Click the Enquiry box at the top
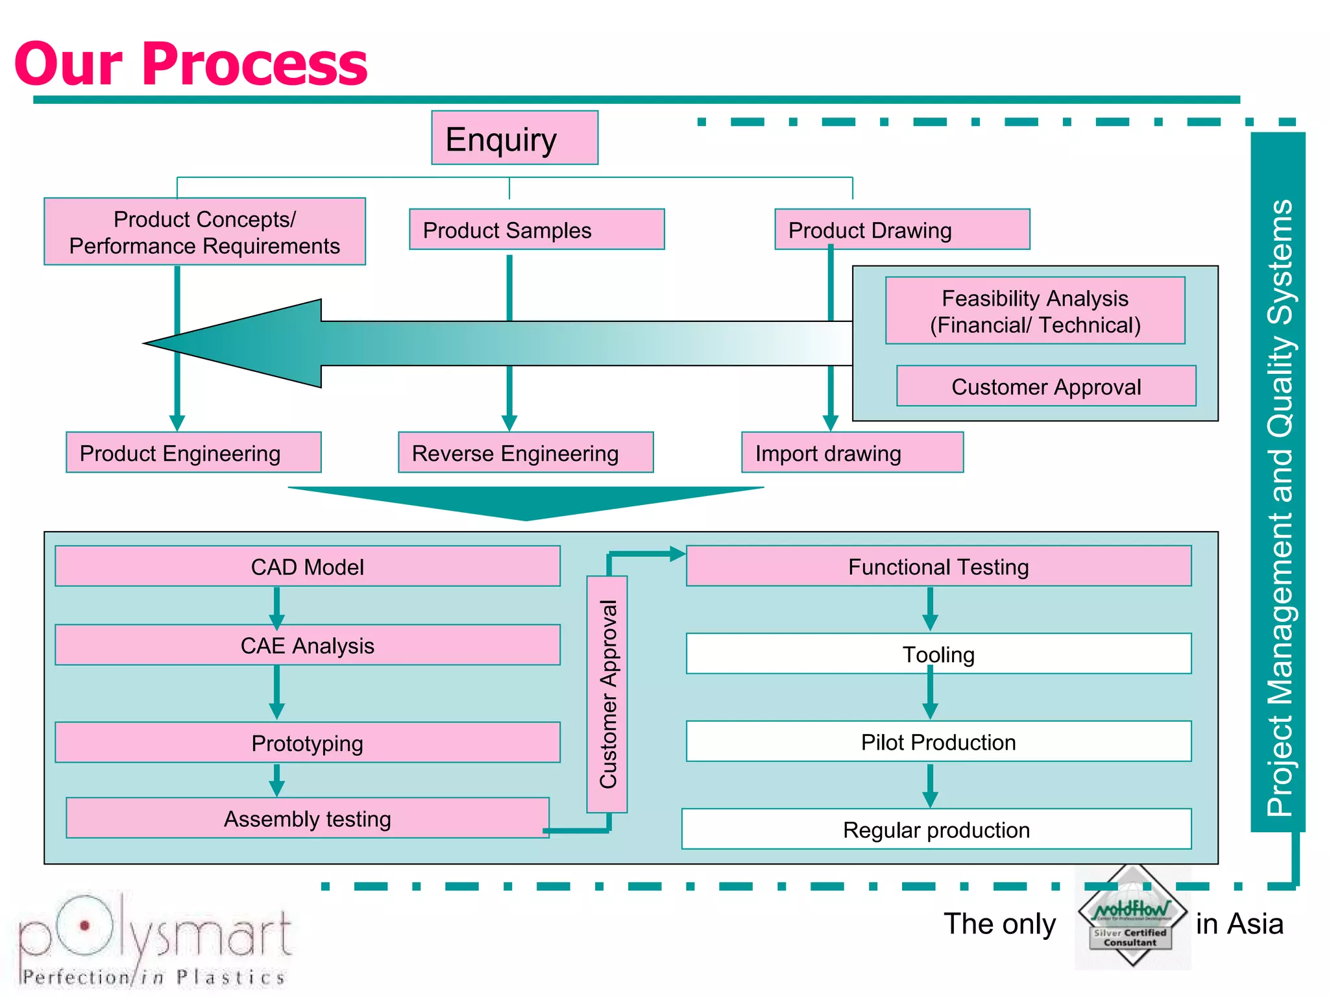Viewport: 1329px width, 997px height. pyautogui.click(x=515, y=138)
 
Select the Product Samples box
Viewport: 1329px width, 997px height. pyautogui.click(x=536, y=229)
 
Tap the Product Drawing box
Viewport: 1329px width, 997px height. pyautogui.click(x=902, y=229)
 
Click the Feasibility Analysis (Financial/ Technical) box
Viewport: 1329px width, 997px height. pyautogui.click(x=1035, y=311)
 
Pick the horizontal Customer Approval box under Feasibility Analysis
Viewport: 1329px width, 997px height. pyautogui.click(x=1045, y=386)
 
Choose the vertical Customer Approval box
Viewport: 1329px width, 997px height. pyautogui.click(x=607, y=694)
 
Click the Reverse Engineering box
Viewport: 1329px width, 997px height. pyautogui.click(x=526, y=452)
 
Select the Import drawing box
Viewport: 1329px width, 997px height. pyautogui.click(x=852, y=452)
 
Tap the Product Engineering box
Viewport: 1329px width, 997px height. pyautogui.click(x=193, y=452)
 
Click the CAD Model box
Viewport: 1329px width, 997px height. pyautogui.click(x=307, y=566)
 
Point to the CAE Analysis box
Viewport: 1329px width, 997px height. pyautogui.click(x=307, y=645)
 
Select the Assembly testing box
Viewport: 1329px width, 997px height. pyautogui.click(x=307, y=818)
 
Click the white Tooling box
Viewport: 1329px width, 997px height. pyautogui.click(x=938, y=654)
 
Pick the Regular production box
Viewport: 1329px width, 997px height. pyautogui.click(x=936, y=829)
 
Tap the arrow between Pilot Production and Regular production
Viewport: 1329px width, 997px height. pyautogui.click(x=930, y=785)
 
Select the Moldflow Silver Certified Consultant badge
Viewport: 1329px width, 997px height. pyautogui.click(x=1132, y=917)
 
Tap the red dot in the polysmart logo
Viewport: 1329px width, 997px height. pyautogui.click(x=84, y=926)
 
